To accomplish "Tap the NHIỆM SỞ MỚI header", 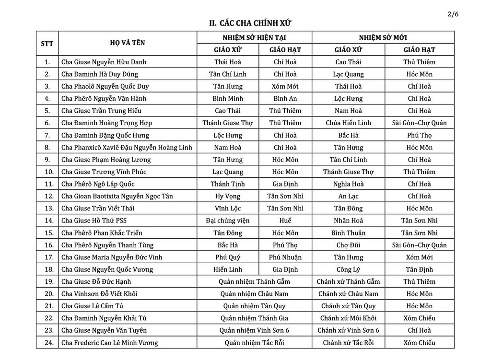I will pyautogui.click(x=383, y=37).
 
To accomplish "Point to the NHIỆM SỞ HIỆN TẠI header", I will pyautogui.click(x=254, y=37).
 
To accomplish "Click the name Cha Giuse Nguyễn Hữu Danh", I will pyautogui.click(x=104, y=62).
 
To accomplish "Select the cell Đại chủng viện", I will pyautogui.click(x=228, y=221).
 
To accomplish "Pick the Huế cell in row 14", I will pyautogui.click(x=285, y=221).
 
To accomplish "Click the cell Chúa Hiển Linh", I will pyautogui.click(x=348, y=123).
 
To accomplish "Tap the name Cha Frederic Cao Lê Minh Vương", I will pyautogui.click(x=109, y=343).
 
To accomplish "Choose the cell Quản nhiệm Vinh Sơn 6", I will pyautogui.click(x=254, y=330).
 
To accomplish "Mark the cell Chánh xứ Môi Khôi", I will pyautogui.click(x=348, y=318).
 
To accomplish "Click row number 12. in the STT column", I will pyautogui.click(x=47, y=196).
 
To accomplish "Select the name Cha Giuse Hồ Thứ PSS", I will pyautogui.click(x=94, y=221).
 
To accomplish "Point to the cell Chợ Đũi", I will pyautogui.click(x=348, y=245).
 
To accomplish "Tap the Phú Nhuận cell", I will pyautogui.click(x=285, y=257).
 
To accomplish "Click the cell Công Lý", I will pyautogui.click(x=348, y=269).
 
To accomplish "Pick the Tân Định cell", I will pyautogui.click(x=419, y=269).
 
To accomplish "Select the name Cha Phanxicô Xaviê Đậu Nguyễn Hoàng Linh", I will pyautogui.click(x=127, y=147).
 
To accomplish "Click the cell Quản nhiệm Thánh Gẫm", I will pyautogui.click(x=254, y=281).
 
